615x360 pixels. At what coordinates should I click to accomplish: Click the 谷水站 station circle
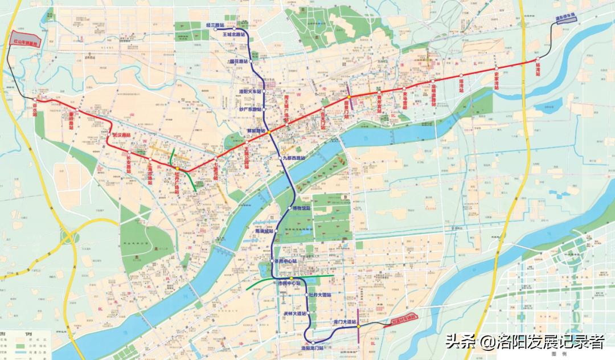coord(35,100)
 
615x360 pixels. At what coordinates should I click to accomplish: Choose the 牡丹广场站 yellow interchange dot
coord(177,169)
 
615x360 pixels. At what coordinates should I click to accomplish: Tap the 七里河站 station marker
coord(216,157)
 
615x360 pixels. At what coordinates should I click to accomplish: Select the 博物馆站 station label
coord(302,208)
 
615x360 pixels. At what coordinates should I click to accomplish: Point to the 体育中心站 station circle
coord(273,261)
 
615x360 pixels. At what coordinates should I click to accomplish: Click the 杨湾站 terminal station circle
coord(536,59)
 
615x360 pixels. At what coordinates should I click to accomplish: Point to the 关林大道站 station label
coord(295,314)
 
